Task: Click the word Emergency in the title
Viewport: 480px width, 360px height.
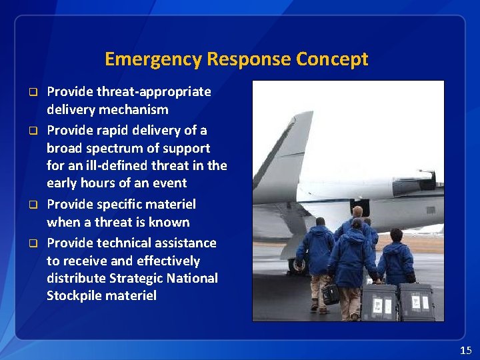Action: coord(153,59)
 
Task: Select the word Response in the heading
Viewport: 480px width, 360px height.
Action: coord(249,59)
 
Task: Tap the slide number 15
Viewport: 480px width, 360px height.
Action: coord(465,350)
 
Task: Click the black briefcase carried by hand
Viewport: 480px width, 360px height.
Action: coord(330,294)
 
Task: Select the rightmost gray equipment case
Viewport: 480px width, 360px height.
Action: coord(417,302)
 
